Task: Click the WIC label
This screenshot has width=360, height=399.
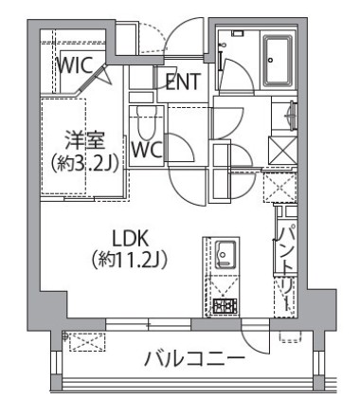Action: tap(72, 66)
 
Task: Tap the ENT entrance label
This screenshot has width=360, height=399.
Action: tap(182, 82)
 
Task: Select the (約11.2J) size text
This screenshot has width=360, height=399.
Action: tap(132, 257)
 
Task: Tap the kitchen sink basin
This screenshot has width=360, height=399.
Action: tap(225, 253)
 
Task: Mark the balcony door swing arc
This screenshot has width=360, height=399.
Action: tap(253, 338)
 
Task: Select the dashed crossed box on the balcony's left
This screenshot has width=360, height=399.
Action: tap(86, 340)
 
